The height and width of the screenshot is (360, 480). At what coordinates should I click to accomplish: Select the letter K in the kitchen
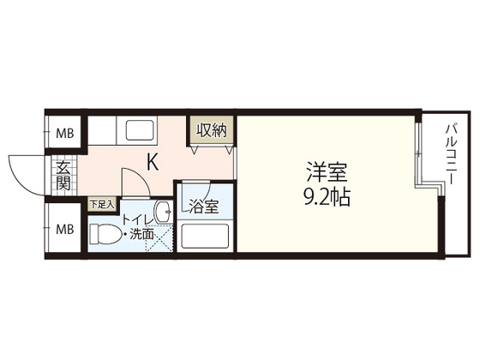152,160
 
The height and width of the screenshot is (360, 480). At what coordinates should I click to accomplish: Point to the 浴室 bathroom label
204,206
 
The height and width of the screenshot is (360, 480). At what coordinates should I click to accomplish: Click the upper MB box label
64,133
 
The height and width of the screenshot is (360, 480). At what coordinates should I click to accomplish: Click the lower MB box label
64,230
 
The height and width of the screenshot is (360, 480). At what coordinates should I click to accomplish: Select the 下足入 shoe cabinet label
102,204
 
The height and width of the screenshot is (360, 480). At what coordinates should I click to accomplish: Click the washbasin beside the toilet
163,212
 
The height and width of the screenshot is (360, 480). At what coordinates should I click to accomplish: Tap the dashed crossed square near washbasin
159,241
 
